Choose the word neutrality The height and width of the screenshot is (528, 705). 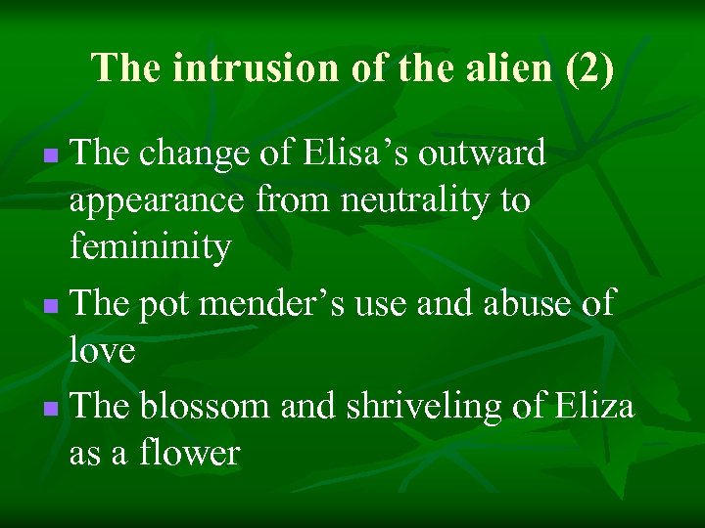[x=404, y=201]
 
